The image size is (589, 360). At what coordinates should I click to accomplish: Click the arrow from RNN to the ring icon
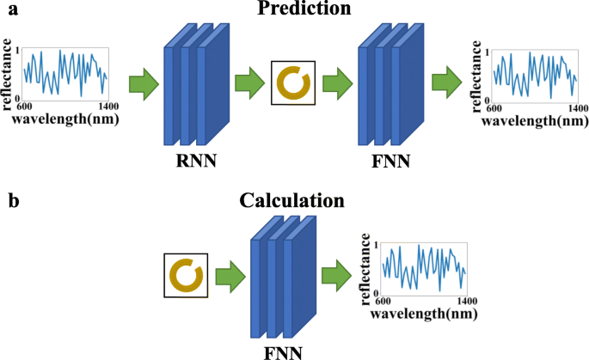[249, 84]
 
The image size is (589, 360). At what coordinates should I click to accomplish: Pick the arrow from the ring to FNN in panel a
[338, 84]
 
